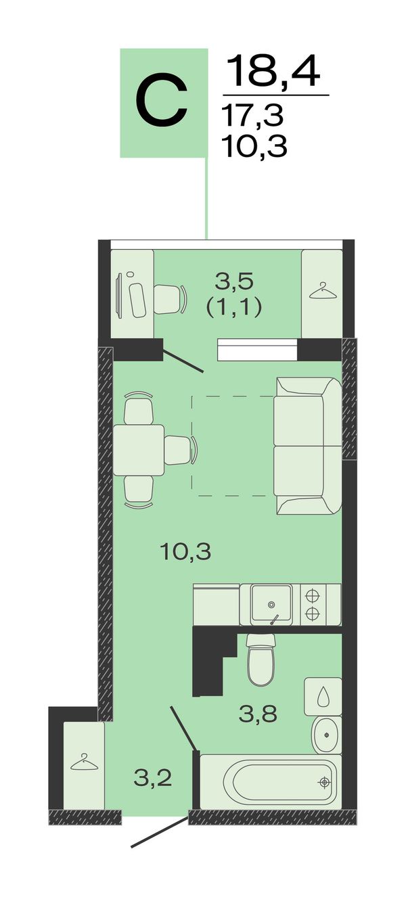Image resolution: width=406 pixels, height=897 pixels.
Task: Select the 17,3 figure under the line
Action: pyautogui.click(x=253, y=114)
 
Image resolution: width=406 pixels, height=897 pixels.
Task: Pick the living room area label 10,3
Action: pyautogui.click(x=185, y=552)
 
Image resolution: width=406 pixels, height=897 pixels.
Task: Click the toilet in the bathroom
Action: pyautogui.click(x=261, y=659)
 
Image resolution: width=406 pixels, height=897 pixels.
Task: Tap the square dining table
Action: pyautogui.click(x=139, y=450)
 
